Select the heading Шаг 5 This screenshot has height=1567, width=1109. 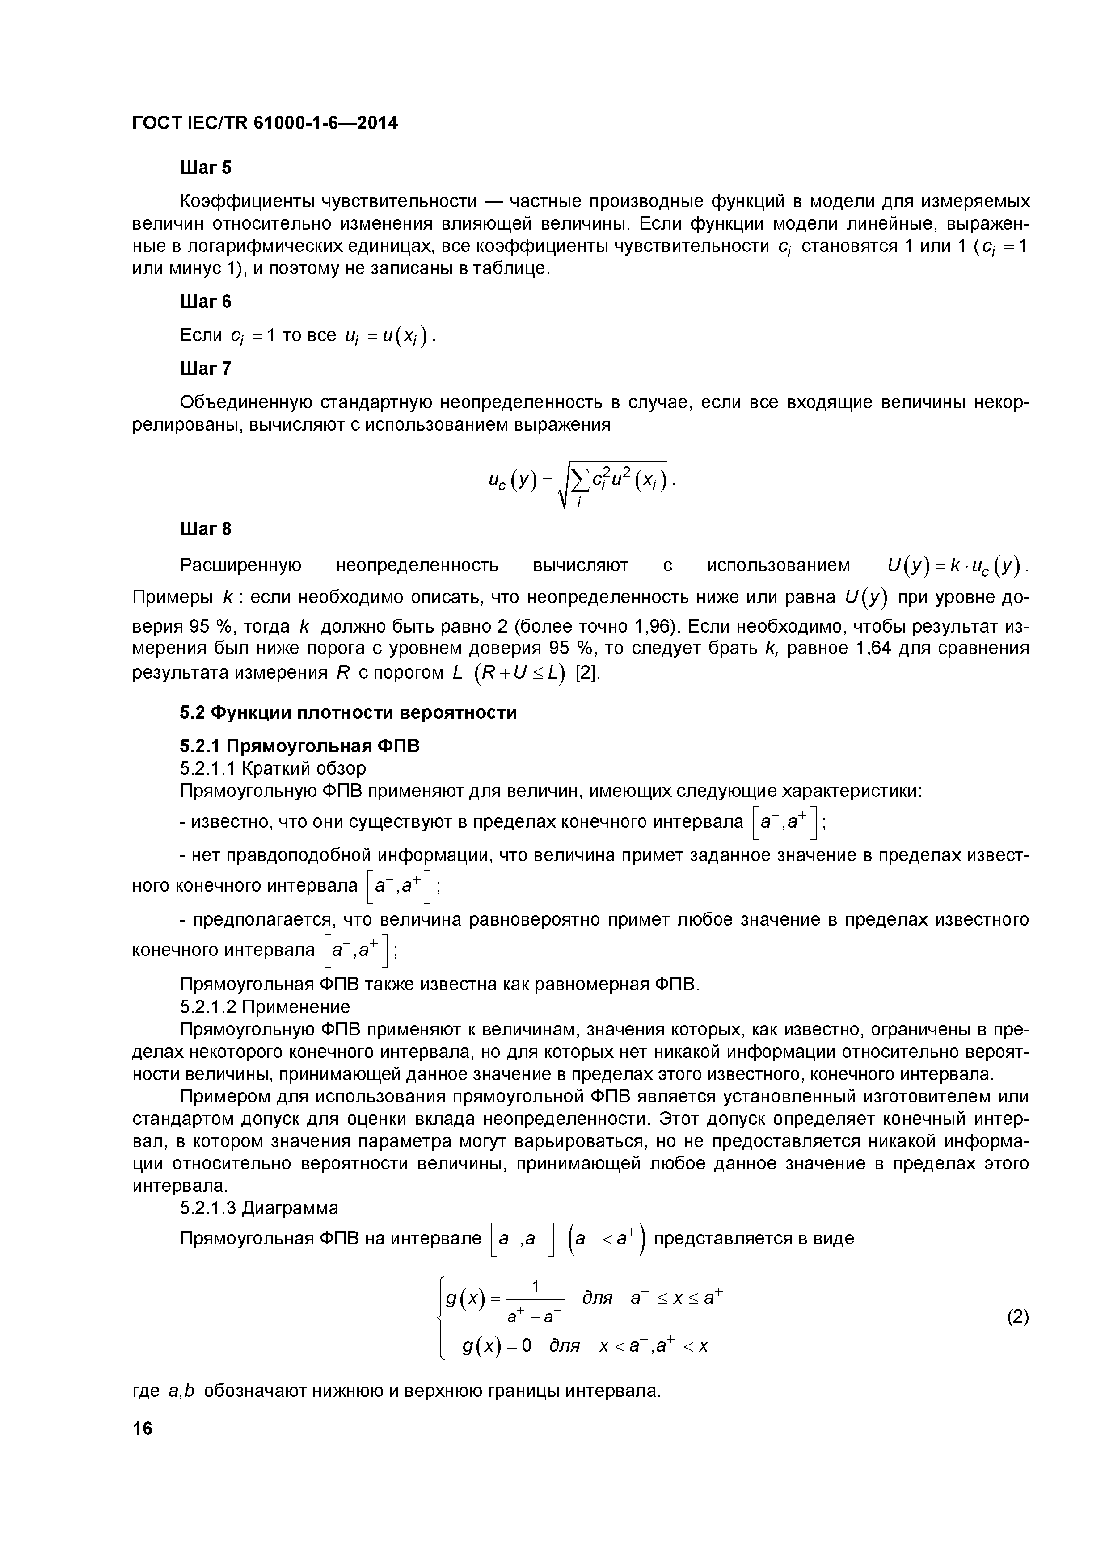click(x=206, y=168)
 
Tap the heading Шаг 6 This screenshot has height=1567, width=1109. click(x=206, y=301)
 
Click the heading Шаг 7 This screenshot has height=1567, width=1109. click(x=206, y=369)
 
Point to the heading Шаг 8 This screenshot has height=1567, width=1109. click(x=206, y=529)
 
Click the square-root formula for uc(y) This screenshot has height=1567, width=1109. click(x=581, y=482)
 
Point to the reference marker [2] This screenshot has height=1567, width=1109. click(x=588, y=672)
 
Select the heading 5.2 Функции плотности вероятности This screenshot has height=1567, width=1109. click(x=348, y=712)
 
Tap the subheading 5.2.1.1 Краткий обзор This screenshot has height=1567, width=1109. click(x=273, y=768)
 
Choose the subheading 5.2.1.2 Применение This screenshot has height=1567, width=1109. click(x=264, y=1007)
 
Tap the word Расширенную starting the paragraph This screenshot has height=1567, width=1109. click(x=240, y=566)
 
